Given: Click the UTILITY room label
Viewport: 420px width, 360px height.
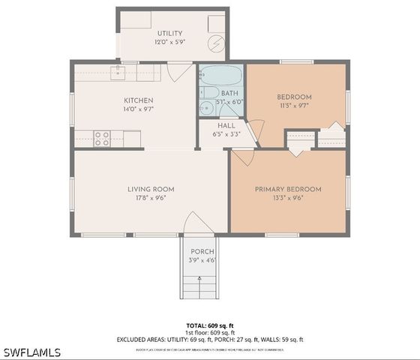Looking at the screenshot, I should [169, 34].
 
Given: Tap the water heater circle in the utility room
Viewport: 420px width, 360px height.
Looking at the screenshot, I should [216, 44].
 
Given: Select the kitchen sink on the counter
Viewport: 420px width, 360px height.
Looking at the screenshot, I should [118, 72].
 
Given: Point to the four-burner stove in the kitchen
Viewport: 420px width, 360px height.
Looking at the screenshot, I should [102, 138].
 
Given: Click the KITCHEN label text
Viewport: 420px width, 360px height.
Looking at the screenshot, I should [139, 100].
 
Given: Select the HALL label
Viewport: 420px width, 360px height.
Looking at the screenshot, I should [226, 125].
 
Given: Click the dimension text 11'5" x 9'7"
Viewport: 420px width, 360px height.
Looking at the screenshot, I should [294, 106].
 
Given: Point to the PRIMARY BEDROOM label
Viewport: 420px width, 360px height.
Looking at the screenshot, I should [288, 189].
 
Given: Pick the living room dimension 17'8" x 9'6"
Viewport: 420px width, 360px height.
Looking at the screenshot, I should [151, 198].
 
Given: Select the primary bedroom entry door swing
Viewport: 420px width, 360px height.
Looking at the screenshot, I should [243, 157].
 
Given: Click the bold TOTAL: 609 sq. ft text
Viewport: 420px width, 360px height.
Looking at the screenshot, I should [210, 325].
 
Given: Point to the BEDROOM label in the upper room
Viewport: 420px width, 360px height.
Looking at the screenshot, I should [294, 97].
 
